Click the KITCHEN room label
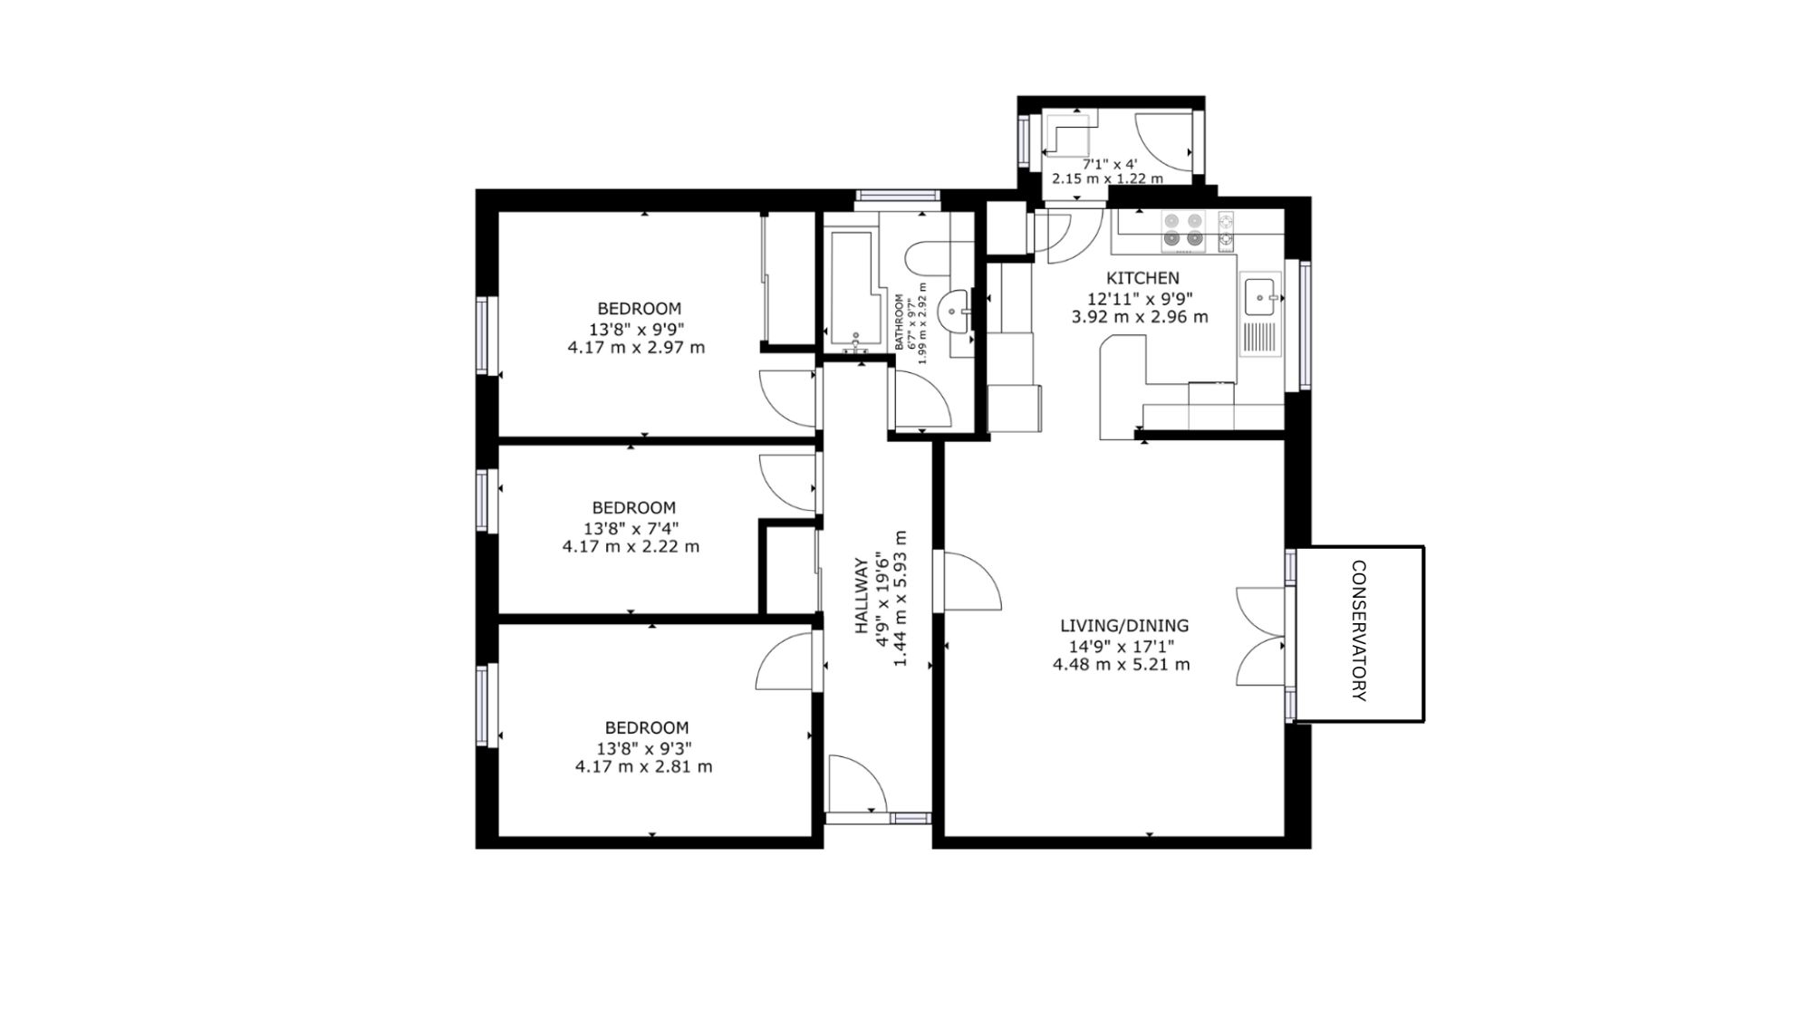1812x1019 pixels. pyautogui.click(x=1142, y=278)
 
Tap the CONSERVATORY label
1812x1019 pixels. pyautogui.click(x=1358, y=631)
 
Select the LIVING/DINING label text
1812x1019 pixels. pyautogui.click(x=1124, y=625)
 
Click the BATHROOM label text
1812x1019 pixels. pyautogui.click(x=900, y=322)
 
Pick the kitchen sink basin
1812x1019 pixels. pyautogui.click(x=1260, y=296)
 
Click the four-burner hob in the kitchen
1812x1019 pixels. pyautogui.click(x=1183, y=229)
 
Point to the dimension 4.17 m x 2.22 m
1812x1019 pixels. pyautogui.click(x=631, y=546)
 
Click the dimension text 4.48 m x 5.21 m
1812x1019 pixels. pyautogui.click(x=1121, y=664)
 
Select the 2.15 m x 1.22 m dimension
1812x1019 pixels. pyautogui.click(x=1107, y=178)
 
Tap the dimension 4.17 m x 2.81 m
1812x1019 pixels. pyautogui.click(x=643, y=766)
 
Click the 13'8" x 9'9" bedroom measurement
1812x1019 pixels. pyautogui.click(x=639, y=329)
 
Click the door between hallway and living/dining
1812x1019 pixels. pyautogui.click(x=972, y=581)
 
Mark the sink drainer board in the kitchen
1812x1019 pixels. pyautogui.click(x=1260, y=339)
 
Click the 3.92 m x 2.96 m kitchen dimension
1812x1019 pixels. pyautogui.click(x=1140, y=317)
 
